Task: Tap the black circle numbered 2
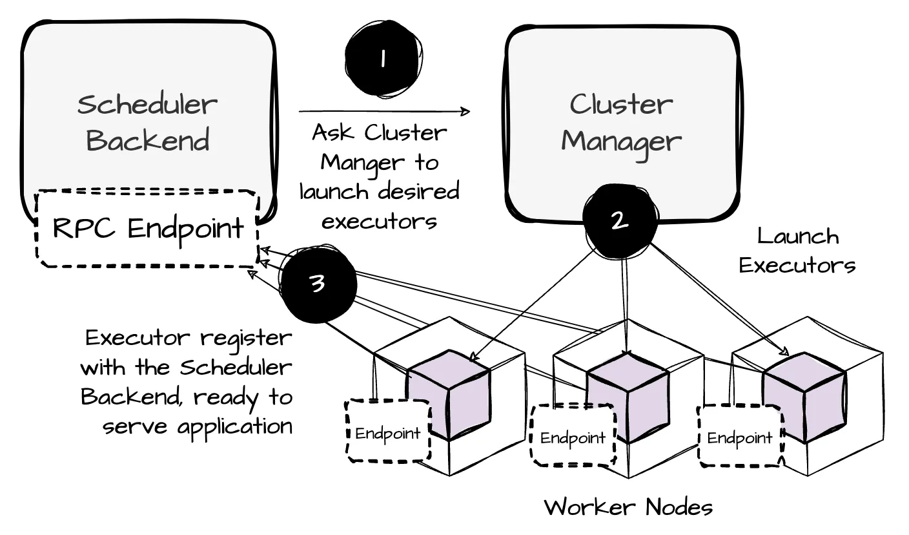tap(619, 220)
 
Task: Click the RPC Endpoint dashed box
tap(148, 228)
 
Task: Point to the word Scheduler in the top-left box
tap(147, 104)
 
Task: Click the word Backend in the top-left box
tap(148, 140)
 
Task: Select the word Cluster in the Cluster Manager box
tap(621, 105)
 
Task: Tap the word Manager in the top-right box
tap(621, 141)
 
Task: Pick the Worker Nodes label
tap(628, 507)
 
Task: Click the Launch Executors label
tap(797, 251)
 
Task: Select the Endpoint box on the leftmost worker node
tap(388, 432)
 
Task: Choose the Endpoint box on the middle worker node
tap(573, 437)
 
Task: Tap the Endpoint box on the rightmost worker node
tap(740, 437)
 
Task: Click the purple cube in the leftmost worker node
tap(449, 395)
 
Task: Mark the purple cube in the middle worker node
tap(628, 396)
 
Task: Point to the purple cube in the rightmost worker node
tap(803, 396)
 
